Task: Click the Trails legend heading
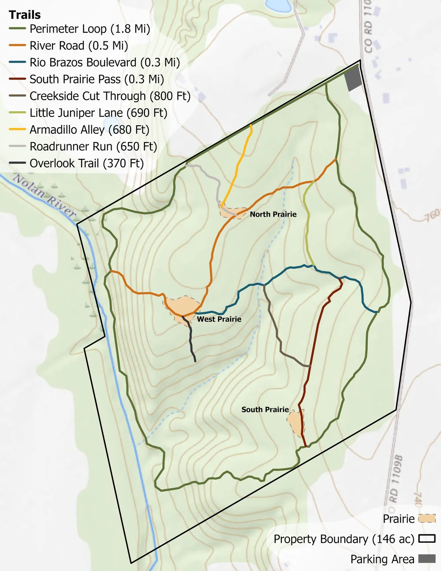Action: pos(25,15)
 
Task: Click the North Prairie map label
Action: pos(273,214)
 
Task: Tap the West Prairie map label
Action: pos(219,319)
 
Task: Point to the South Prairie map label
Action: pos(265,409)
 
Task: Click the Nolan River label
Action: pos(44,195)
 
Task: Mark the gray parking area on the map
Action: pos(353,79)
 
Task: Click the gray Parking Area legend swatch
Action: pos(426,559)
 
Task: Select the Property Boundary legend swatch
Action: pos(426,539)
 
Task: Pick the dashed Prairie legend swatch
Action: pos(426,518)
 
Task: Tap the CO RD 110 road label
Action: pos(368,26)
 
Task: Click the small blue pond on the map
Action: pos(278,5)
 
